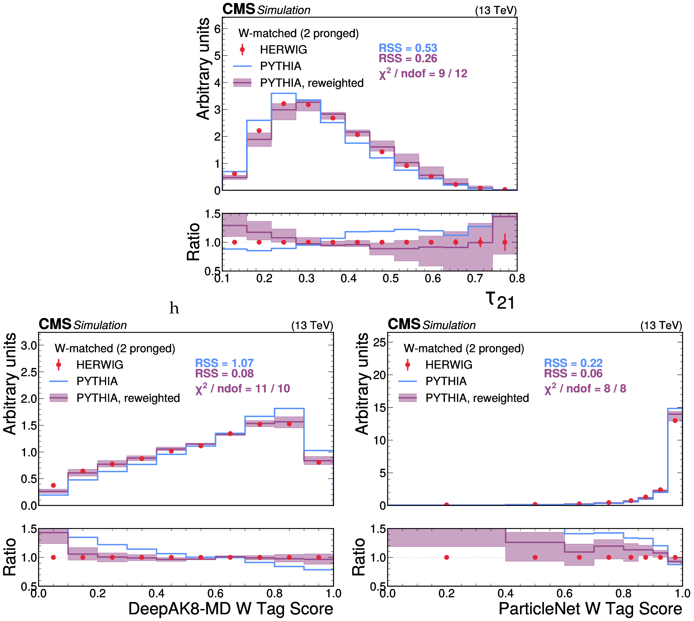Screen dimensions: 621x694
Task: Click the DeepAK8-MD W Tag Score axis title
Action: click(x=230, y=609)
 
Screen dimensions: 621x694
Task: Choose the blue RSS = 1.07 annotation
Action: click(x=224, y=363)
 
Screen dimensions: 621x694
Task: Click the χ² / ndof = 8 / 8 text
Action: click(x=585, y=389)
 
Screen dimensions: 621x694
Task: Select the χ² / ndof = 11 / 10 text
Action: click(x=242, y=389)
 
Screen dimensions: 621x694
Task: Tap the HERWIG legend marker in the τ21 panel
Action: click(x=242, y=50)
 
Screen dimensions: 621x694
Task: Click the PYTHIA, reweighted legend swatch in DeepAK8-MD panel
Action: click(x=58, y=398)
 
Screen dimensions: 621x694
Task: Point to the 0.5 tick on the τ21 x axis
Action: click(x=390, y=279)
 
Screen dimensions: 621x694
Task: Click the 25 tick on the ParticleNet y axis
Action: click(x=379, y=342)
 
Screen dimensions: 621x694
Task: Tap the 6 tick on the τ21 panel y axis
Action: click(x=217, y=29)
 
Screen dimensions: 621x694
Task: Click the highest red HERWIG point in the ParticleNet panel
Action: click(x=675, y=421)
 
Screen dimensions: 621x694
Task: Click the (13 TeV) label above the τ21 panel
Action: click(x=496, y=11)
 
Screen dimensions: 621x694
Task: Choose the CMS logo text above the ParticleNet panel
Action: click(x=404, y=324)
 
